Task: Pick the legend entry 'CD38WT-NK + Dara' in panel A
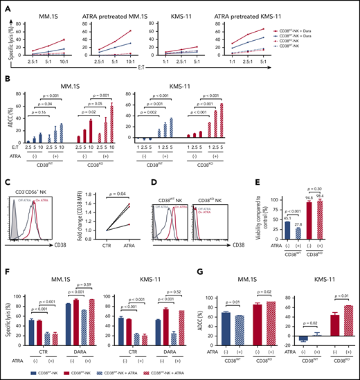[x=332, y=37]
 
